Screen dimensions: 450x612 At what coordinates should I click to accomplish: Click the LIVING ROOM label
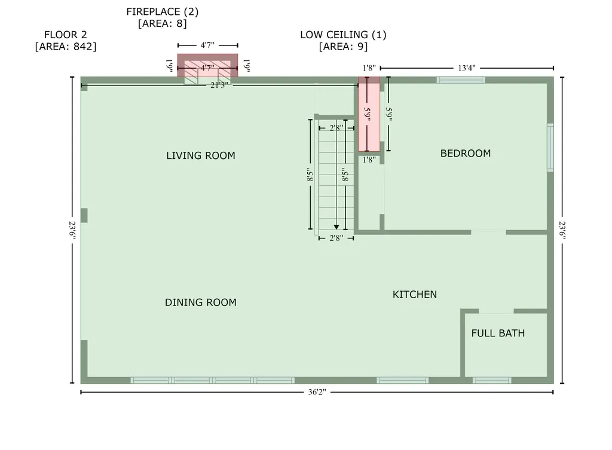click(200, 156)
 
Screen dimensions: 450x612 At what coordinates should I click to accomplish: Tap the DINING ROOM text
click(200, 302)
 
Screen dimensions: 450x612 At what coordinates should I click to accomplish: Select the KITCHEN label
click(414, 295)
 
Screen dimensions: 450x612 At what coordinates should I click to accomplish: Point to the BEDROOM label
click(465, 154)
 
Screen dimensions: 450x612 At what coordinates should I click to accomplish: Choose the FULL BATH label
click(498, 333)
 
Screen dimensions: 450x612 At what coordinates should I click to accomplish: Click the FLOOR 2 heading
click(65, 35)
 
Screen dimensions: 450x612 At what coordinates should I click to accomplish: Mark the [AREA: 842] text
click(65, 47)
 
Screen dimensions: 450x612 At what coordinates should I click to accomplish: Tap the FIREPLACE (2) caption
click(162, 12)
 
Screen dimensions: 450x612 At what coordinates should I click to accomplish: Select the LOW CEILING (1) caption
click(343, 35)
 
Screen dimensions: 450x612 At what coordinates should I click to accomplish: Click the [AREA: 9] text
click(343, 47)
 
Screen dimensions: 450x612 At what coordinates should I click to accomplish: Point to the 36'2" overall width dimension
click(316, 393)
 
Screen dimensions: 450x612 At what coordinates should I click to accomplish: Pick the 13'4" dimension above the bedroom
click(466, 68)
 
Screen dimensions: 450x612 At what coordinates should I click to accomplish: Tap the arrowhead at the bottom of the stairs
click(336, 226)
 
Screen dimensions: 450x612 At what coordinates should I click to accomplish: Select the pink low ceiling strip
click(369, 117)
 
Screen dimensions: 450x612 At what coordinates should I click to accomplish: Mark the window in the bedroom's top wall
click(460, 80)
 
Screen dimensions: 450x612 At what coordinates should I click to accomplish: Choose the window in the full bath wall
click(491, 380)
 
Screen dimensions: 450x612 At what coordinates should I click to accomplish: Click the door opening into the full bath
click(496, 311)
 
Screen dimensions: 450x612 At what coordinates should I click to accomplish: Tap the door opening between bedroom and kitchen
click(488, 232)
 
